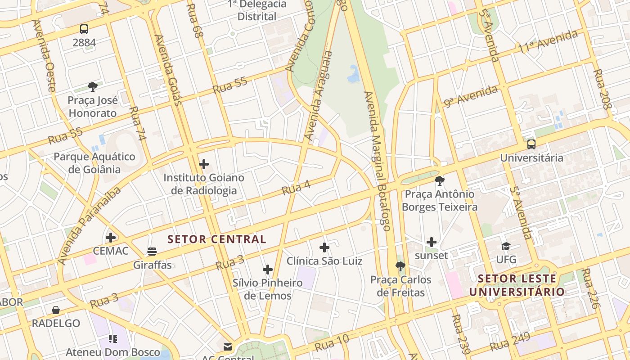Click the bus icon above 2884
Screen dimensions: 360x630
tap(84, 29)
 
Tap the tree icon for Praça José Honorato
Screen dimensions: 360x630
tap(93, 86)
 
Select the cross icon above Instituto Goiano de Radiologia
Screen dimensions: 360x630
tap(204, 164)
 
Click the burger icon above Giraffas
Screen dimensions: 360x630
tap(152, 252)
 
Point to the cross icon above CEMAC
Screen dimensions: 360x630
tap(111, 237)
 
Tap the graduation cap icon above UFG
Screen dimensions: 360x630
tap(506, 246)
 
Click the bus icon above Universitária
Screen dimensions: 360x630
tap(531, 144)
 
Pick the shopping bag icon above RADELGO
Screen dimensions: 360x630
tap(56, 310)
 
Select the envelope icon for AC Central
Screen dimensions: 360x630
tap(228, 346)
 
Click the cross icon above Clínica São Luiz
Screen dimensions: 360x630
tap(324, 247)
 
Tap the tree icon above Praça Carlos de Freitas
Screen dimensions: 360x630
tap(400, 266)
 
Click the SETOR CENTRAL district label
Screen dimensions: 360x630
tap(217, 239)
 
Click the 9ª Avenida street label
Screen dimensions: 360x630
tap(471, 96)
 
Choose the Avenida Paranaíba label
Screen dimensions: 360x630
tap(90, 225)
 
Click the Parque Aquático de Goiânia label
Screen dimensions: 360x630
tap(94, 163)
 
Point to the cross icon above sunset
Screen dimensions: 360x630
tap(432, 242)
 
